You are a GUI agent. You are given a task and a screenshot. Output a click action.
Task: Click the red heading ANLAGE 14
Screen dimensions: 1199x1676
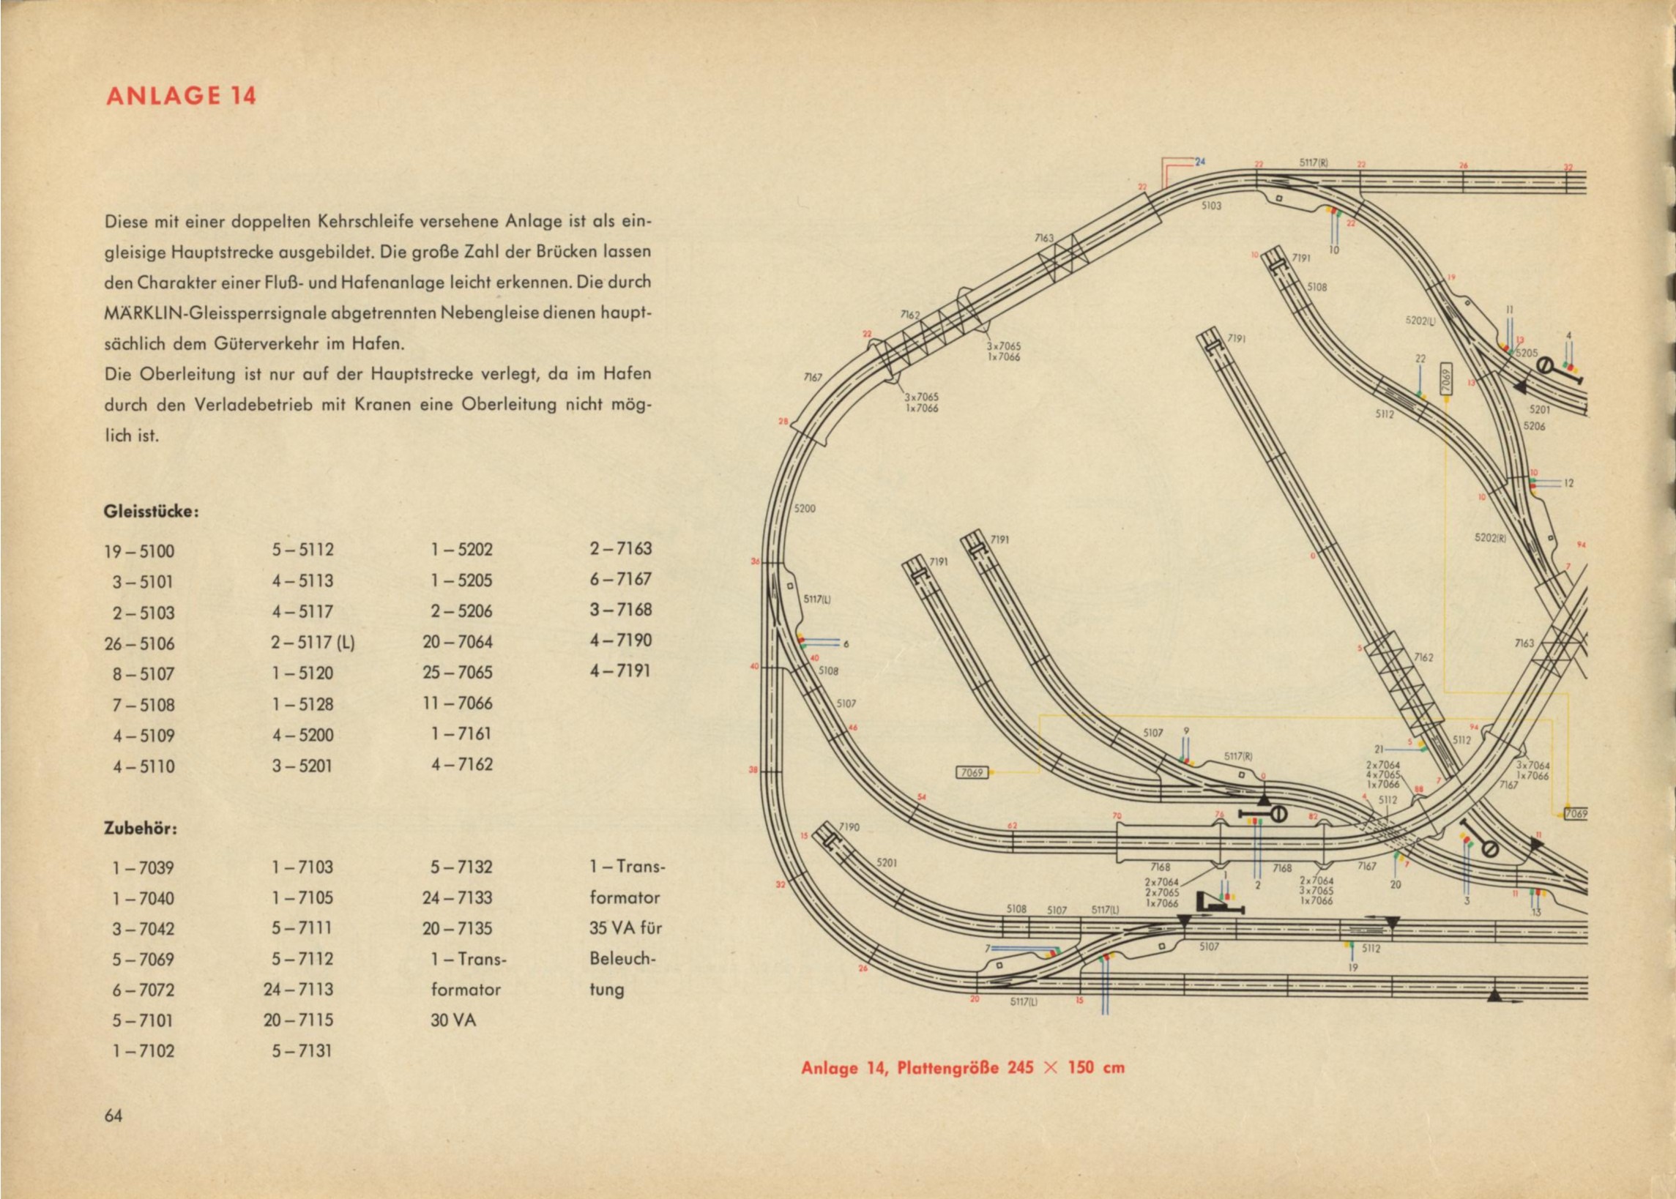[182, 97]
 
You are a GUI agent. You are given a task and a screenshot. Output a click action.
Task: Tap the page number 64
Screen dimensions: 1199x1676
[113, 1115]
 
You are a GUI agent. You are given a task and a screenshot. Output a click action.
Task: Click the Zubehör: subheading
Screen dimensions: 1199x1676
[141, 829]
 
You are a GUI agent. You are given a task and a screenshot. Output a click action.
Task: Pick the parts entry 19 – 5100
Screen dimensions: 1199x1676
[140, 551]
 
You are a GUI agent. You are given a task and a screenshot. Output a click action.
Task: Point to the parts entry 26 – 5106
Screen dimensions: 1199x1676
[140, 644]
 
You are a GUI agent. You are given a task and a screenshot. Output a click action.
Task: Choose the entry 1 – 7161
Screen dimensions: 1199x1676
[461, 734]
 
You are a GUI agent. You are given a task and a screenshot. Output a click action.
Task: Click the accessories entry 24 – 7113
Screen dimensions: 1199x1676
[298, 990]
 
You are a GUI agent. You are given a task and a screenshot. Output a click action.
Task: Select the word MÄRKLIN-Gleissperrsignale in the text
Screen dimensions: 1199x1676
[271, 313]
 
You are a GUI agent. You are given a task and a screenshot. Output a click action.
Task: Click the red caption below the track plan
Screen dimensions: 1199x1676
[963, 1067]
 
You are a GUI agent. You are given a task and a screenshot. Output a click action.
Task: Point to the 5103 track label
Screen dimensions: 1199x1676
[1211, 206]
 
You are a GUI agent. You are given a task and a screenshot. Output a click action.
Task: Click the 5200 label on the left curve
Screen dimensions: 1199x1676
[804, 509]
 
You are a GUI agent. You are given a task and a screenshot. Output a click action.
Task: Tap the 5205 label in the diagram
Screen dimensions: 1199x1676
[1527, 354]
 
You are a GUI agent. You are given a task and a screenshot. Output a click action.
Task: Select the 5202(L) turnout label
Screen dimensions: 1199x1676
[1419, 322]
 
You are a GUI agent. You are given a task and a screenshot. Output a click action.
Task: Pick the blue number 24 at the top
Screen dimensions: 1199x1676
[1201, 162]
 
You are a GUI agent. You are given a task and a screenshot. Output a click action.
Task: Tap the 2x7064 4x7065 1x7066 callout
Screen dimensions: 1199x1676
[1383, 774]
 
